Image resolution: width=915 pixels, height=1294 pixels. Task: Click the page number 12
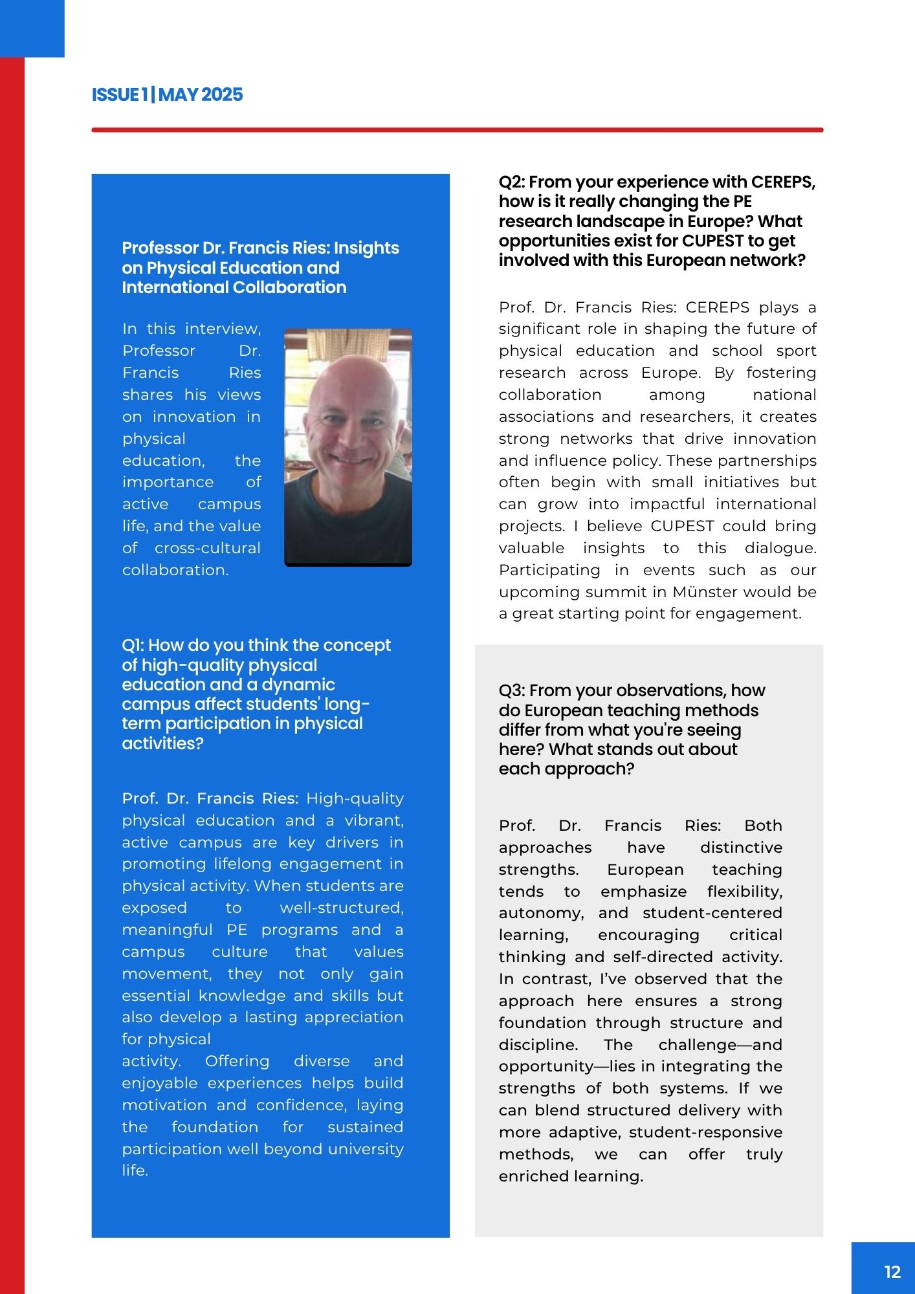click(892, 1272)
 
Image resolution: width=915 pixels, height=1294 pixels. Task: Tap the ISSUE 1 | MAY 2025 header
click(167, 95)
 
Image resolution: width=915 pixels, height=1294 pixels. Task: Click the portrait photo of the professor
click(348, 447)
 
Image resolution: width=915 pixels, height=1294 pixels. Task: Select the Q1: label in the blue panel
click(134, 646)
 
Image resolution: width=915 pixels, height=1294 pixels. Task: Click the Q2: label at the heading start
click(511, 182)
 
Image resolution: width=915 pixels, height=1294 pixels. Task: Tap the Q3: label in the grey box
click(511, 691)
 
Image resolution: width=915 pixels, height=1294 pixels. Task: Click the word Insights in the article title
click(366, 248)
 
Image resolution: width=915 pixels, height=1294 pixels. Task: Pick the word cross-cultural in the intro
click(208, 548)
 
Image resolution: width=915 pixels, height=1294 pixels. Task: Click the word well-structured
click(341, 908)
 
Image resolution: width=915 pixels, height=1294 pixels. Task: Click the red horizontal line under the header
click(457, 130)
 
